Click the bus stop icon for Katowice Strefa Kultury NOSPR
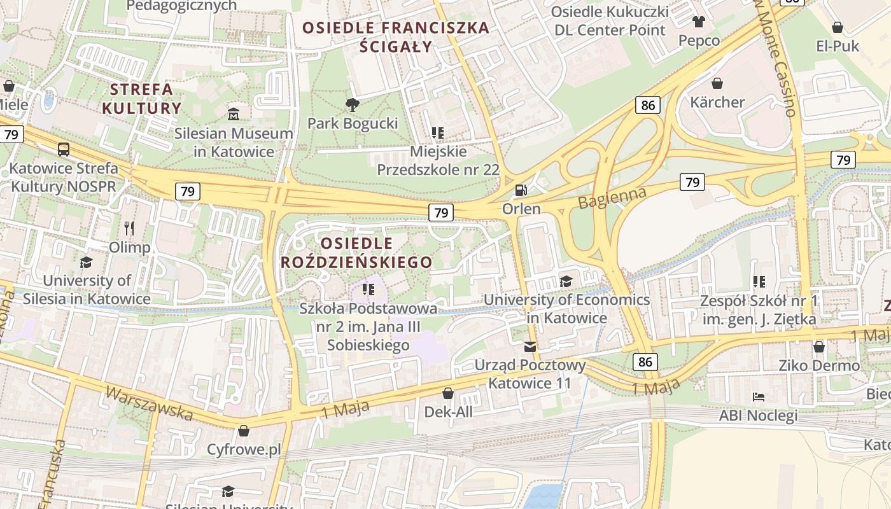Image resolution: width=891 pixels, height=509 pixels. tap(64, 150)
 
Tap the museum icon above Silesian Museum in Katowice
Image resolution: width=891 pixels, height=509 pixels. tap(234, 115)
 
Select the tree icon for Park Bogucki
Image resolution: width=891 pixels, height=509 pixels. tap(352, 104)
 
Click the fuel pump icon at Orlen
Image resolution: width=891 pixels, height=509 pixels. tap(521, 190)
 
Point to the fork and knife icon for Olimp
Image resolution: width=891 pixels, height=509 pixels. tap(129, 228)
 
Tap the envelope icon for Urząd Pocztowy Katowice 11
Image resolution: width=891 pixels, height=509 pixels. tap(530, 347)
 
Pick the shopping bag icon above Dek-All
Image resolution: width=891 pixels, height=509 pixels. tap(448, 393)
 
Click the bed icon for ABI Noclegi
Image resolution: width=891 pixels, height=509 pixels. tap(758, 397)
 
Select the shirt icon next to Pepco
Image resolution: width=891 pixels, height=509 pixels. tap(699, 22)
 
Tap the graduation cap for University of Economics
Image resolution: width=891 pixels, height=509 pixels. tap(566, 281)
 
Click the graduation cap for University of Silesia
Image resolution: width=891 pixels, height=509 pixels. tap(86, 262)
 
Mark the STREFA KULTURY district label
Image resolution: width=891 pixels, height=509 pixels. tap(141, 99)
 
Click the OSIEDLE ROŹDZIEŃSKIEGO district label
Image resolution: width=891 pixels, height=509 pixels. tap(357, 253)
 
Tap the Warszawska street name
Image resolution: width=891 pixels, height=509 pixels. tap(149, 403)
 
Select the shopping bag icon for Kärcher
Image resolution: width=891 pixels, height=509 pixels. tap(717, 83)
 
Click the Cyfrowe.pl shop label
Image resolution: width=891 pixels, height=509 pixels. tap(244, 450)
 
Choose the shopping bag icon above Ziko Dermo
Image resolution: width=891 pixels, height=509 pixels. tap(819, 347)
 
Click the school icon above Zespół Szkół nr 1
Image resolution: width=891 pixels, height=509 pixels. tap(759, 281)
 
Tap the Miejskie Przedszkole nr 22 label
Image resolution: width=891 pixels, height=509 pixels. tap(438, 161)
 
